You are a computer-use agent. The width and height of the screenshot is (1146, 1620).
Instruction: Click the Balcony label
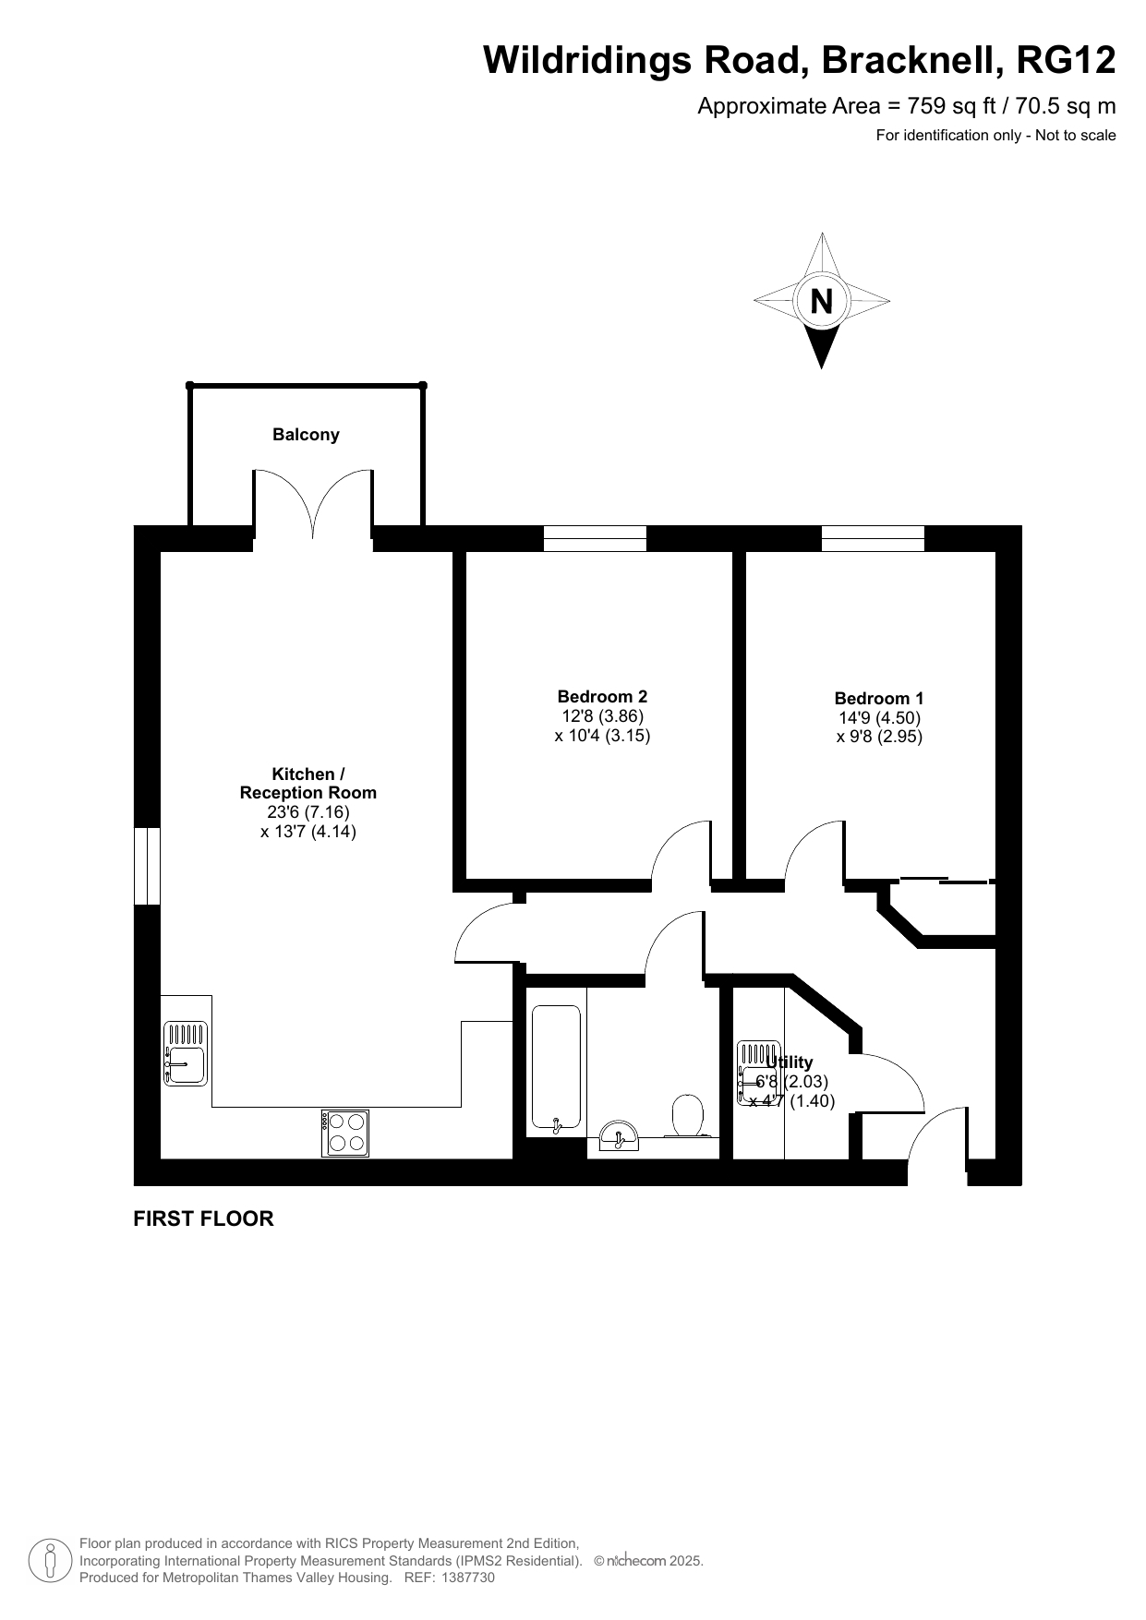click(306, 435)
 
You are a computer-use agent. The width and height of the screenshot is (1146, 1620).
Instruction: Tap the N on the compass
click(821, 302)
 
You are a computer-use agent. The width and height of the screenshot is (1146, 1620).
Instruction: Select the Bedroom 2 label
click(602, 697)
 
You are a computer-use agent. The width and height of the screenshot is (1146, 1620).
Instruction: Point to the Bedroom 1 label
click(879, 699)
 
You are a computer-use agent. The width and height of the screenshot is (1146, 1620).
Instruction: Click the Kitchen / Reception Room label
click(308, 784)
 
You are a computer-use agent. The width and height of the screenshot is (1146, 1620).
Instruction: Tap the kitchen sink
click(186, 1053)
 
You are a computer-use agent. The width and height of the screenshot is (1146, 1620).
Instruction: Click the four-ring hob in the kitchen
click(345, 1133)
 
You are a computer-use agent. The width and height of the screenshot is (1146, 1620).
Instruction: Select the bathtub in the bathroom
click(556, 1068)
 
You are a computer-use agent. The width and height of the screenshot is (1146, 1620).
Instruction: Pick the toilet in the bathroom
click(687, 1115)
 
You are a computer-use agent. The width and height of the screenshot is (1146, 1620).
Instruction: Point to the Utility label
click(790, 1062)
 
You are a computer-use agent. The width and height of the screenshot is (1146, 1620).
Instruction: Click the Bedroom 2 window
click(595, 538)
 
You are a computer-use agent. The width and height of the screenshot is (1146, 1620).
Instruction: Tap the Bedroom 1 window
click(873, 538)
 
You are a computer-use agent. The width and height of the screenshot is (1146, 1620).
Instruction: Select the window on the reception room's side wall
click(148, 866)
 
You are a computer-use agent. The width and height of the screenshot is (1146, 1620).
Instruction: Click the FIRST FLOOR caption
click(204, 1218)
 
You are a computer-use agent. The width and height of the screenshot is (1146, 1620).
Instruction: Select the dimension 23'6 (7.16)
click(308, 812)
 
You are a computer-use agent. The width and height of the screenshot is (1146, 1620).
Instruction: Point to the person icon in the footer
click(50, 1560)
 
